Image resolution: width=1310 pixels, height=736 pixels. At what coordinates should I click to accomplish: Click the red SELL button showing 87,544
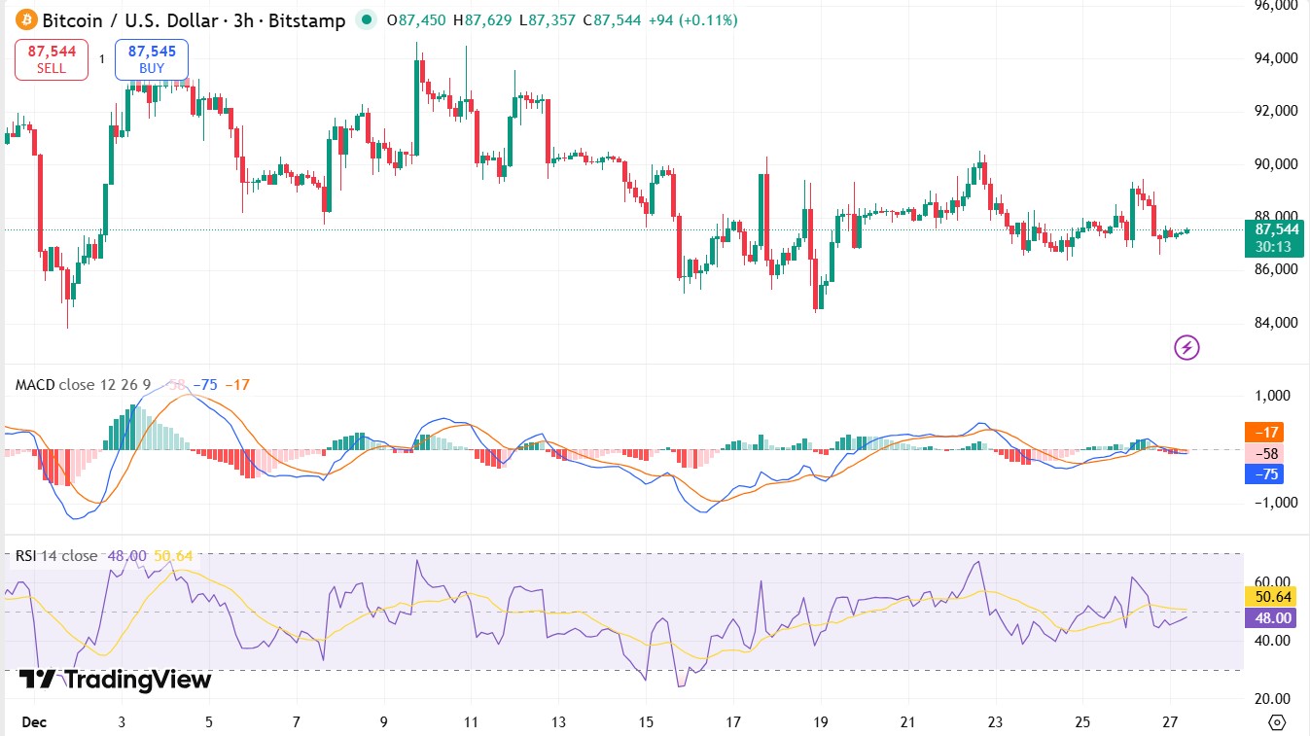52,59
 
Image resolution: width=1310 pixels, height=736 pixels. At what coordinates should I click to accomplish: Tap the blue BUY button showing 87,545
152,59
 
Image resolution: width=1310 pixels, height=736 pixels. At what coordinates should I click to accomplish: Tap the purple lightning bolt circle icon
1186,347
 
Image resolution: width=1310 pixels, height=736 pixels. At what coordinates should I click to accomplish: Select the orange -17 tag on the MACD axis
1269,432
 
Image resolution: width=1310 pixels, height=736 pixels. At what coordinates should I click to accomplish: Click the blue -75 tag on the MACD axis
1269,474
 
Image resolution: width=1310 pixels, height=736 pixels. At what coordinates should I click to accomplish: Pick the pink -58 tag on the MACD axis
1269,453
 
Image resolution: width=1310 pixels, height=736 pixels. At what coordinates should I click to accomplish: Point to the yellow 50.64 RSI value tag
1273,597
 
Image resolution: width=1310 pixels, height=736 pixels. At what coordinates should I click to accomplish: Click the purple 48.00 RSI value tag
1273,618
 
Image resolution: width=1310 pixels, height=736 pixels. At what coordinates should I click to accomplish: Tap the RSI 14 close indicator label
56,556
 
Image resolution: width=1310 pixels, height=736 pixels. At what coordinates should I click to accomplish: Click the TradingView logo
115,680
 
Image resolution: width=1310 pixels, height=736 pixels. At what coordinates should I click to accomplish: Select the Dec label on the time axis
33,722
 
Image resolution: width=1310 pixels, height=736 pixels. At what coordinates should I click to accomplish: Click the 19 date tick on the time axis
820,722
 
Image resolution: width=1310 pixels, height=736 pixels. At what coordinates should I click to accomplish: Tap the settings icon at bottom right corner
1278,722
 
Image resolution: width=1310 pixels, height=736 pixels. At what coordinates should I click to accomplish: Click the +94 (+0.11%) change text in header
692,20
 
